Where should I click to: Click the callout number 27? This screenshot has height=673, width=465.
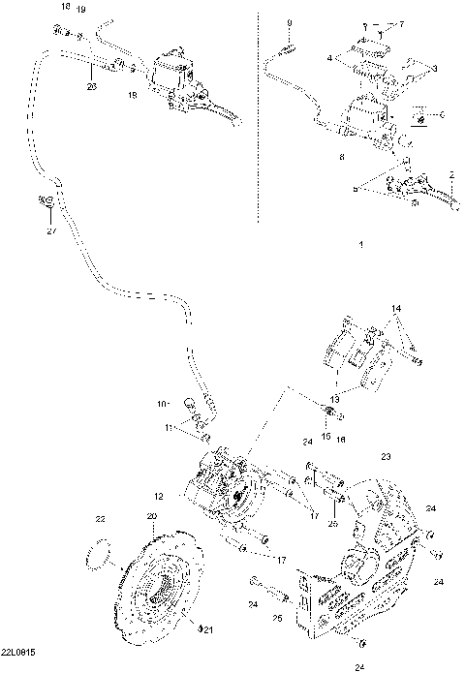tap(51, 230)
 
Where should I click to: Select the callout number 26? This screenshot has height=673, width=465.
tap(92, 86)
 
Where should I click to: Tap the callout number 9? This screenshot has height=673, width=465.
tap(288, 20)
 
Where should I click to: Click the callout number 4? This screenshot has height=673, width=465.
tap(329, 59)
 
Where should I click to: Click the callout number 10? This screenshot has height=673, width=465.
tap(162, 401)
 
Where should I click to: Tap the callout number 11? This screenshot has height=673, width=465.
tap(168, 426)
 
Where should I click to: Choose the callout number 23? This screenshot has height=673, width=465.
tap(385, 456)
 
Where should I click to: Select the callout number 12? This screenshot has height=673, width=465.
tap(158, 496)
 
